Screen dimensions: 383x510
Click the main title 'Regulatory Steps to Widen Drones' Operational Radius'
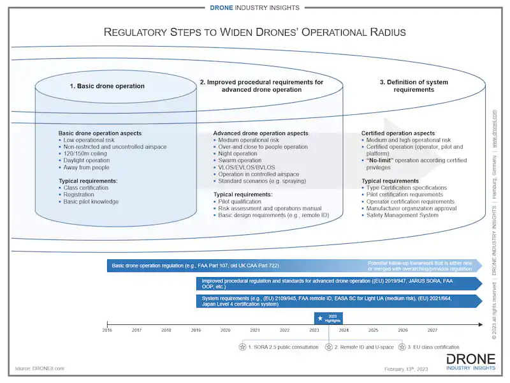254,32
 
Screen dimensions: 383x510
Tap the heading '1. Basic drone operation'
107,86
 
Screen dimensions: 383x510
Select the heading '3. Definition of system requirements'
407,86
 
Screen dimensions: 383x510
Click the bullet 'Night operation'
238,154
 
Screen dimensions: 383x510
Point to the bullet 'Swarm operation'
240,161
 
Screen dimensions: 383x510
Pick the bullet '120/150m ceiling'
86,154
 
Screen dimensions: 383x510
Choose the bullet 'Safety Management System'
402,215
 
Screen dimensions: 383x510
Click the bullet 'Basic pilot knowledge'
91,202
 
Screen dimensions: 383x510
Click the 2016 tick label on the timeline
107,331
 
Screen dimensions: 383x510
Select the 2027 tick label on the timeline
432,331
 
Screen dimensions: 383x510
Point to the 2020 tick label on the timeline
225,331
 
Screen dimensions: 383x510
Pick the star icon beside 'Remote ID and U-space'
329,347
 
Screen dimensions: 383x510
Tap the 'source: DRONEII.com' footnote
40,368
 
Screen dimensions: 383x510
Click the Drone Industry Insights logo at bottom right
471,362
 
